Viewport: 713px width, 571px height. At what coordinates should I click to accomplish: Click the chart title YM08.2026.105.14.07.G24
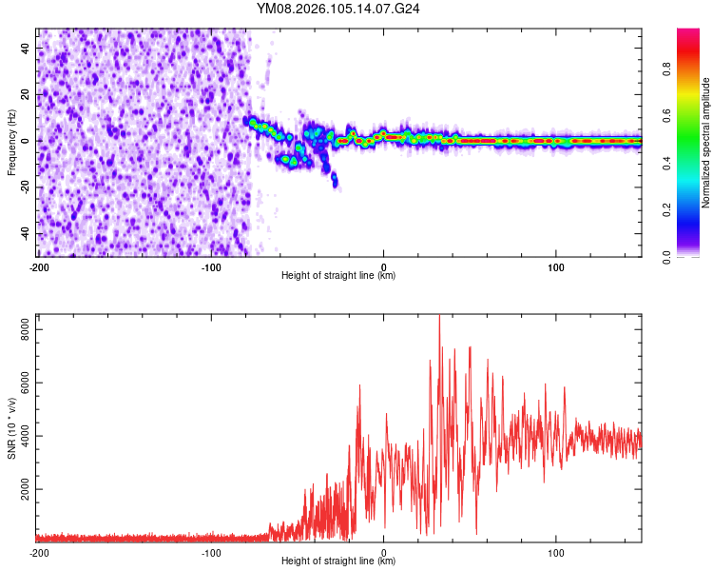click(x=338, y=9)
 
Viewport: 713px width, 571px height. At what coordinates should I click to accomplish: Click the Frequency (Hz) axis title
click(x=11, y=142)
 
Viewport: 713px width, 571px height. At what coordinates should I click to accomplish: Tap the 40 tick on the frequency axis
click(x=27, y=48)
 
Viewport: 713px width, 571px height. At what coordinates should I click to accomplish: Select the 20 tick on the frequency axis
click(x=27, y=94)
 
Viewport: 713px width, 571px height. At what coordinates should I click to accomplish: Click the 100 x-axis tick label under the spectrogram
click(x=556, y=266)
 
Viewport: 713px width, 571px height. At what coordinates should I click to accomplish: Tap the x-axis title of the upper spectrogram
click(x=338, y=276)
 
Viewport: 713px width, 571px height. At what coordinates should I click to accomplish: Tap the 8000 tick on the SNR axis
click(x=20, y=328)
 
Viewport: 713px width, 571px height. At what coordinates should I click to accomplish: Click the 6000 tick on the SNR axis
click(x=20, y=383)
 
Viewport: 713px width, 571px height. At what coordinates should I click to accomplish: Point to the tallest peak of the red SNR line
click(x=438, y=316)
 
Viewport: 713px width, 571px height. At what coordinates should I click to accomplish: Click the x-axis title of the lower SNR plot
click(x=338, y=561)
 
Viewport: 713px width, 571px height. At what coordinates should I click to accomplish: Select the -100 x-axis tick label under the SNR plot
click(x=211, y=552)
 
